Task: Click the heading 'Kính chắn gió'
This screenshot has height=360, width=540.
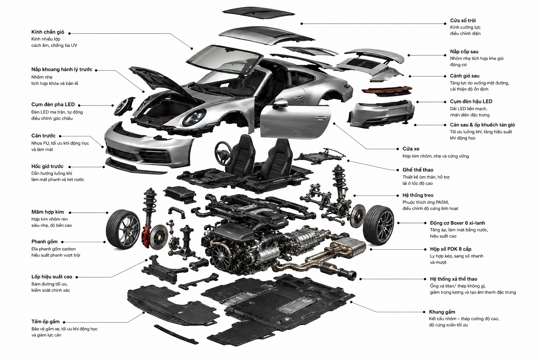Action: pyautogui.click(x=48, y=32)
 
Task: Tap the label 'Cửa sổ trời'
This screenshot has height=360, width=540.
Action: pyautogui.click(x=463, y=20)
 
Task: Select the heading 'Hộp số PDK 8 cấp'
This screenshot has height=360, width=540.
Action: pyautogui.click(x=451, y=249)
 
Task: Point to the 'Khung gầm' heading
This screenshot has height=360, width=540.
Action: pyautogui.click(x=442, y=312)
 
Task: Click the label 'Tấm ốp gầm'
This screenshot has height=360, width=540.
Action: pyautogui.click(x=45, y=322)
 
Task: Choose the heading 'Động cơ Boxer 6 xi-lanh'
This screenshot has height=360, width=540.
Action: pyautogui.click(x=457, y=223)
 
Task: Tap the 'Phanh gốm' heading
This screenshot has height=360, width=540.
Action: pyautogui.click(x=44, y=242)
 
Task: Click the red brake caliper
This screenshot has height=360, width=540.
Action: pyautogui.click(x=146, y=237)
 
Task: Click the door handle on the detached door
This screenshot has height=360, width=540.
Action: pyautogui.click(x=320, y=118)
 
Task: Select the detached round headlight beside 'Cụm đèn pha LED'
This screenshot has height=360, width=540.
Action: pyautogui.click(x=124, y=106)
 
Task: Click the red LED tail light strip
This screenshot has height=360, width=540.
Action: pyautogui.click(x=387, y=90)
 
